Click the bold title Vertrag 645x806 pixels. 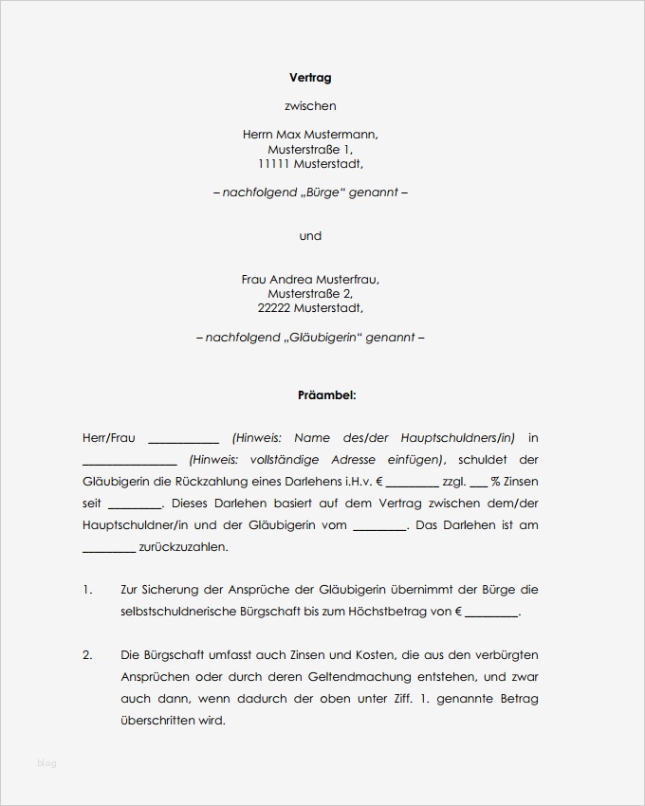(x=310, y=78)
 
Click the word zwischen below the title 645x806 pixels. (x=310, y=106)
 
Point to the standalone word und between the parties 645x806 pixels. (x=310, y=236)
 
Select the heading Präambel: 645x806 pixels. (x=327, y=394)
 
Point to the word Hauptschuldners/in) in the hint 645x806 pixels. (x=458, y=438)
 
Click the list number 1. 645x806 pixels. (x=87, y=590)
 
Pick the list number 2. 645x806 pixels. (x=87, y=655)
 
